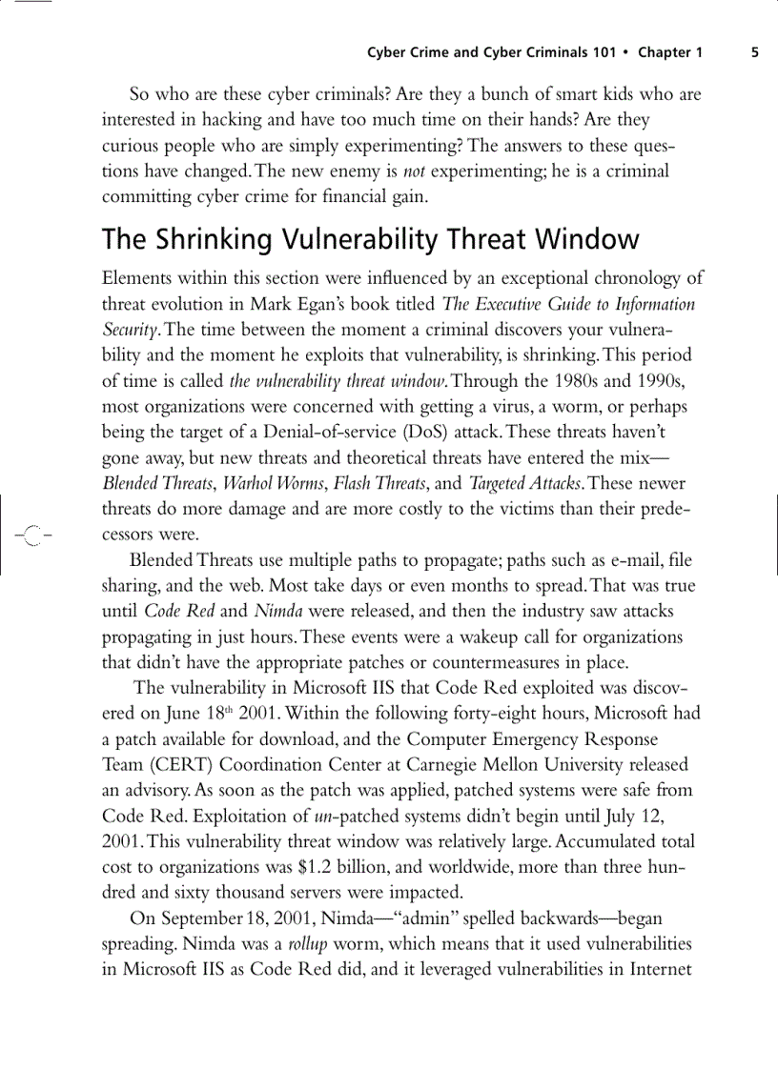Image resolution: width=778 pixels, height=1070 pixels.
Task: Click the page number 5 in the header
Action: [x=755, y=53]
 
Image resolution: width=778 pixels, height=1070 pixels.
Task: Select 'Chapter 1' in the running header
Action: [x=670, y=53]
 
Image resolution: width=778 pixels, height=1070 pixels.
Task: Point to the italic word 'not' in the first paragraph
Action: [x=414, y=172]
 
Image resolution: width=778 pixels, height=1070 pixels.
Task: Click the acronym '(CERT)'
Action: [x=173, y=765]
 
